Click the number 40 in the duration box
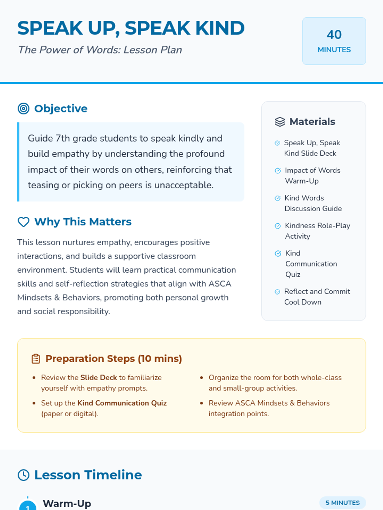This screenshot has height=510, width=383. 334,34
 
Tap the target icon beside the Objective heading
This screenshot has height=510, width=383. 24,109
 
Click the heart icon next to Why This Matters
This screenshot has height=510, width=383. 24,222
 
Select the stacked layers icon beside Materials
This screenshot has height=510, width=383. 280,122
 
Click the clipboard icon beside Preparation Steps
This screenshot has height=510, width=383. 36,359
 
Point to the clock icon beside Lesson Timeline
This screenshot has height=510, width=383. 24,475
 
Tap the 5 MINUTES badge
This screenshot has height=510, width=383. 342,503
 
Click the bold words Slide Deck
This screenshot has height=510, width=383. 99,377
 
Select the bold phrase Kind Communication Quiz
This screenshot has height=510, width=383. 122,403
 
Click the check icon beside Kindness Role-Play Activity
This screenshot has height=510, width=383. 278,226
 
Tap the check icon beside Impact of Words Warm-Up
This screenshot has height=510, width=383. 278,171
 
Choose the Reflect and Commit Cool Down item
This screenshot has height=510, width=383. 317,297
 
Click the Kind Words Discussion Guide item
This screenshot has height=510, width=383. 313,203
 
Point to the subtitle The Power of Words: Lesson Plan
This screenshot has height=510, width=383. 100,50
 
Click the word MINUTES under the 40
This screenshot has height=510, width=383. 334,50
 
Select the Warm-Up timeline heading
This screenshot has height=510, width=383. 67,503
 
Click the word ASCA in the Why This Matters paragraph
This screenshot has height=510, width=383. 220,284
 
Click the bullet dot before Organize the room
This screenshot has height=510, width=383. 201,378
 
